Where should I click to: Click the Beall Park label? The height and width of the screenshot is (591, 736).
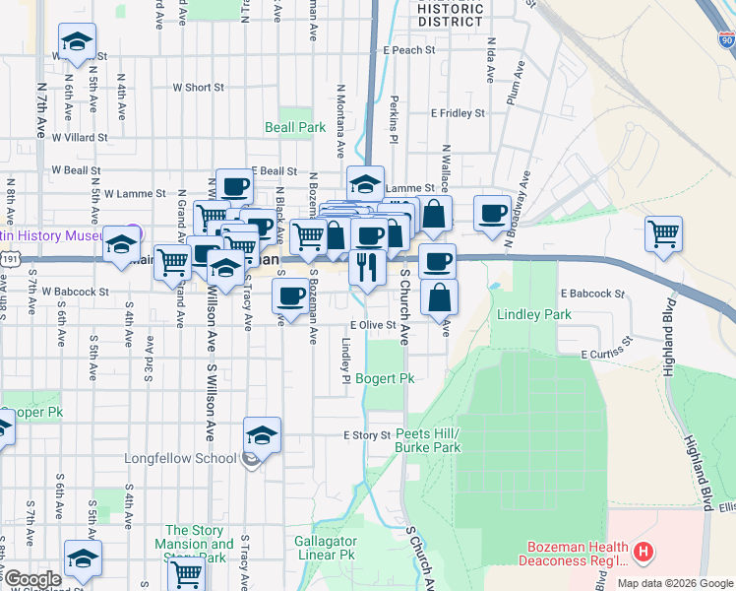tap(295, 127)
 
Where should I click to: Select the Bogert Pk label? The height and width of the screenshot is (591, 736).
tap(385, 378)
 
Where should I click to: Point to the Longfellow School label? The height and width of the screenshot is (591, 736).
tap(180, 458)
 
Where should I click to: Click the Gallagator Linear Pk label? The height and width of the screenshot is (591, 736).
tap(325, 549)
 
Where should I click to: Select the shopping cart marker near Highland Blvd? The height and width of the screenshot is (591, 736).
tap(664, 234)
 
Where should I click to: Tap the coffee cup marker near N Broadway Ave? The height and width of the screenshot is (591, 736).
tap(492, 213)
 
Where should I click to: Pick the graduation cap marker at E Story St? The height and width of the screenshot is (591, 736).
tap(263, 434)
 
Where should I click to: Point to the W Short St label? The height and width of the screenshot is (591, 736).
tap(198, 88)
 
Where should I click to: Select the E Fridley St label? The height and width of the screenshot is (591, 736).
tap(458, 113)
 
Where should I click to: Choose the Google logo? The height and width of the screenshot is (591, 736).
tap(32, 579)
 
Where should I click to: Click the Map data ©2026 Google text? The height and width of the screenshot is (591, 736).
tap(675, 583)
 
